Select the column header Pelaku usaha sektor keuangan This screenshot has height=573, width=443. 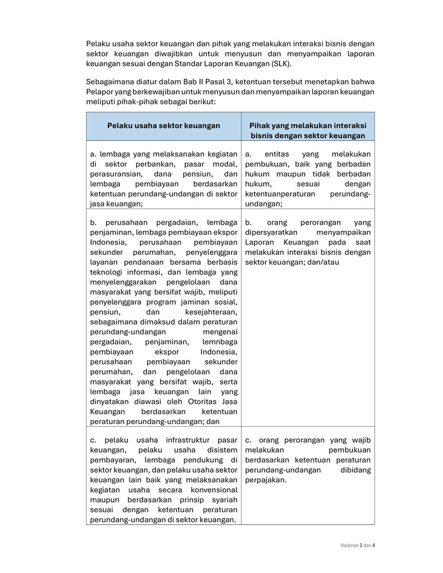pyautogui.click(x=163, y=125)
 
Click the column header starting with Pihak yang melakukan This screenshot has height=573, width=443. pyautogui.click(x=308, y=131)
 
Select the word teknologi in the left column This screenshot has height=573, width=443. pyautogui.click(x=108, y=272)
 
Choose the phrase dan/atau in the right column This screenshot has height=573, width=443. pyautogui.click(x=324, y=262)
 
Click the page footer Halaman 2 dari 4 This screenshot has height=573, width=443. pyautogui.click(x=354, y=545)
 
